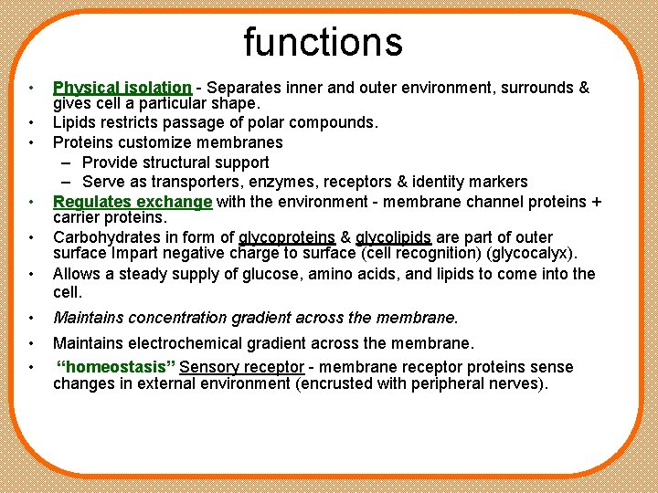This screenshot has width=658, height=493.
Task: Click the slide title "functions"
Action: click(323, 42)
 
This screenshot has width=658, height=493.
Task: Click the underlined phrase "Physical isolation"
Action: click(122, 89)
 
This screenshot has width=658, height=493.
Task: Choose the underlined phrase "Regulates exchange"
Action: click(133, 201)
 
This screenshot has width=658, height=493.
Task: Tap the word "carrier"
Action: click(78, 217)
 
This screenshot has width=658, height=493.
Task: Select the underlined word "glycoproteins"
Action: click(287, 237)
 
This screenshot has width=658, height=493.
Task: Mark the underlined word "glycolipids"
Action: click(393, 237)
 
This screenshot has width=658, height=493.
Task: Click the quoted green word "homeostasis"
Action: click(115, 367)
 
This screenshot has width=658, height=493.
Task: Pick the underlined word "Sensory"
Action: click(208, 367)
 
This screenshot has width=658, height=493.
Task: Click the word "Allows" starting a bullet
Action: click(76, 274)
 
